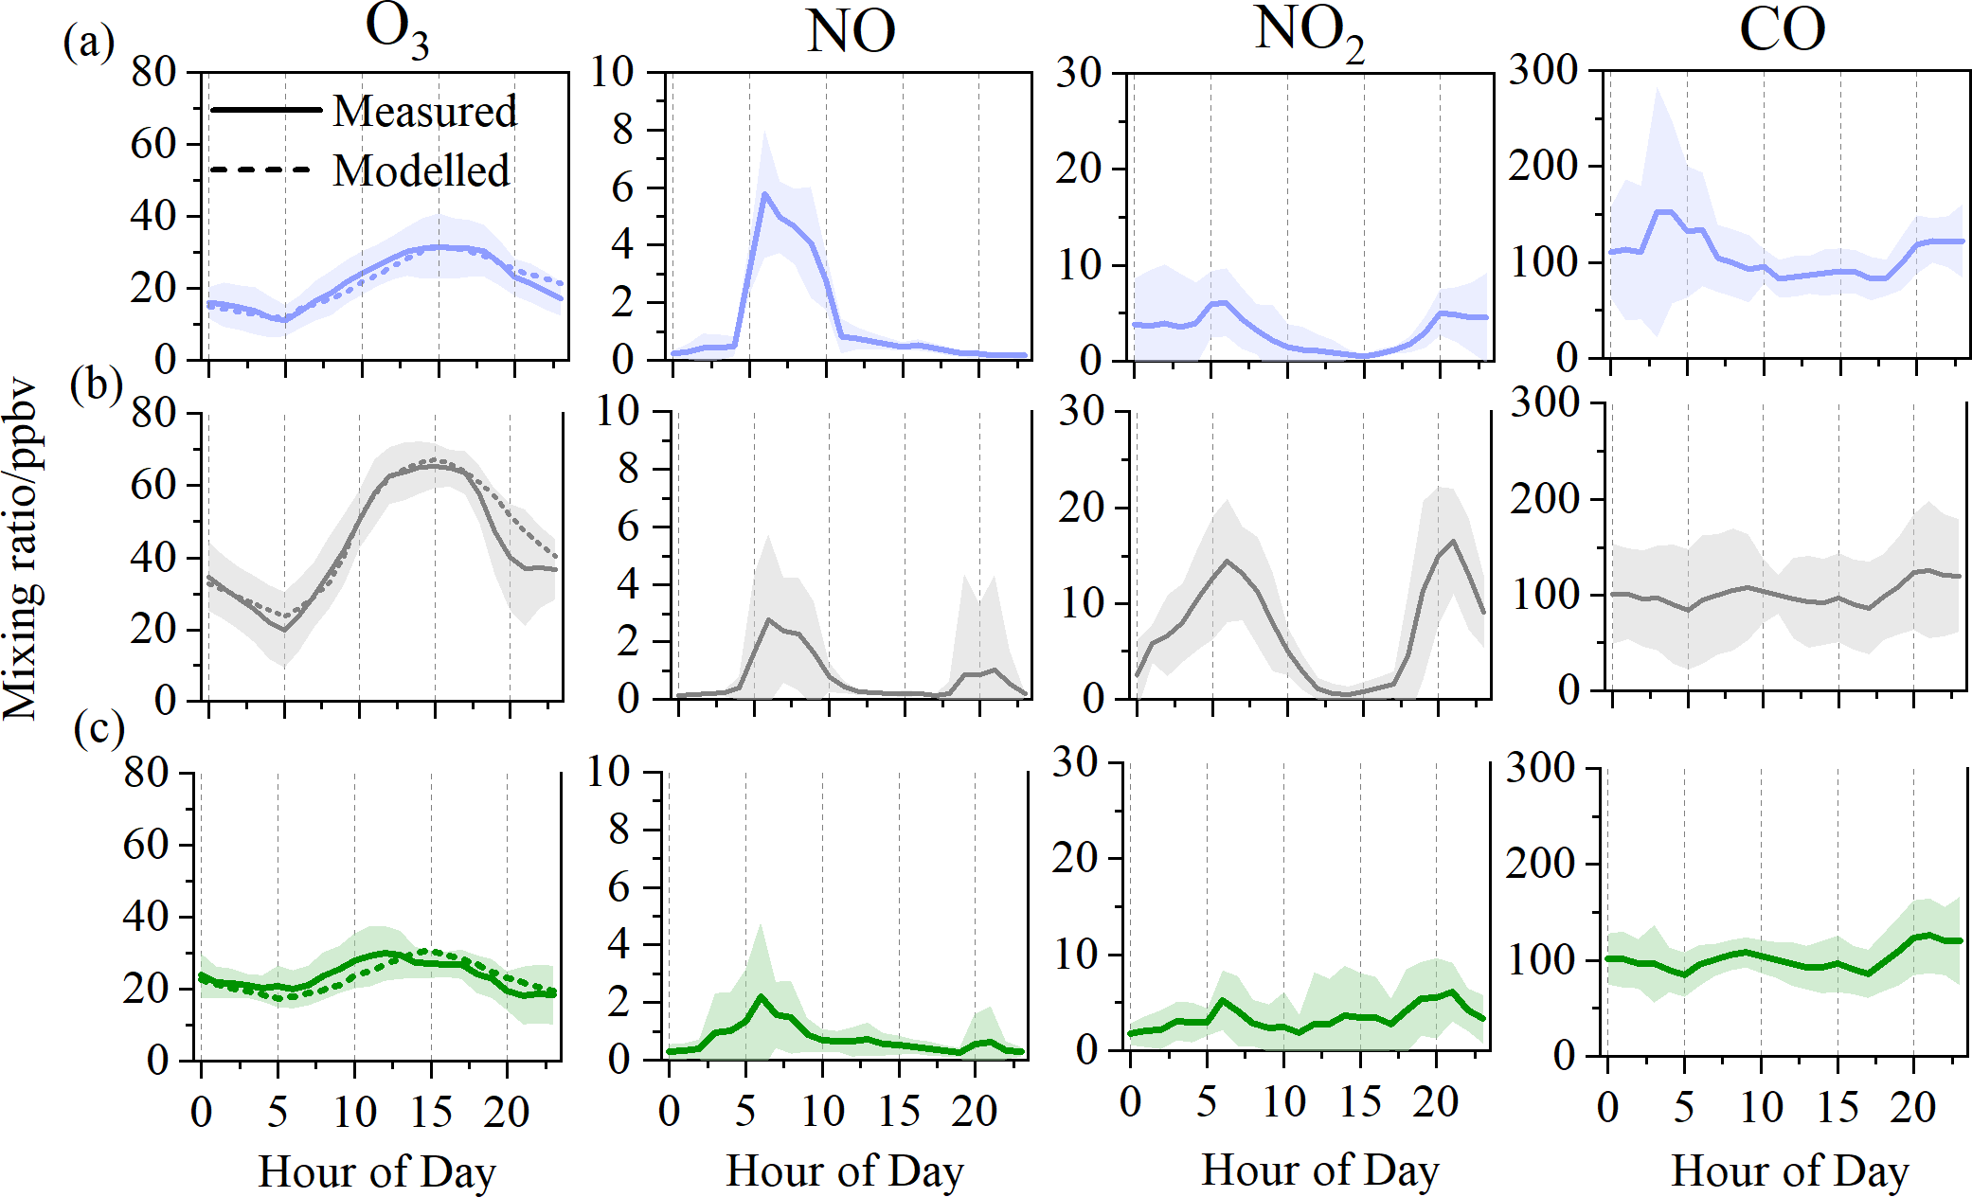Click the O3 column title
coord(396,32)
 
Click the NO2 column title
coord(1309,34)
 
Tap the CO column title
coord(1782,30)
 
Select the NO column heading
coord(851,32)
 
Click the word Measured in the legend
coord(425,111)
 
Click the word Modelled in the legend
coord(421,171)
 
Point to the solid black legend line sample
coord(265,110)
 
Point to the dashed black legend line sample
coord(260,170)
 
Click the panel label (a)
coord(88,42)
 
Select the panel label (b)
coord(96,384)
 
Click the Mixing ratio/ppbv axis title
coord(21,549)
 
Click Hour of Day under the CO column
coord(1789,1170)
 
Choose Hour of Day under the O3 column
coord(377,1171)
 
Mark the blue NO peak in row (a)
coord(764,193)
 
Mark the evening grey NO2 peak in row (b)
coord(1453,541)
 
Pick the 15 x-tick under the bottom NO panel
coord(899,1110)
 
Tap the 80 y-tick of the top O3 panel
coord(153,71)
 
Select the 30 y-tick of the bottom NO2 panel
coord(1074,761)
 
